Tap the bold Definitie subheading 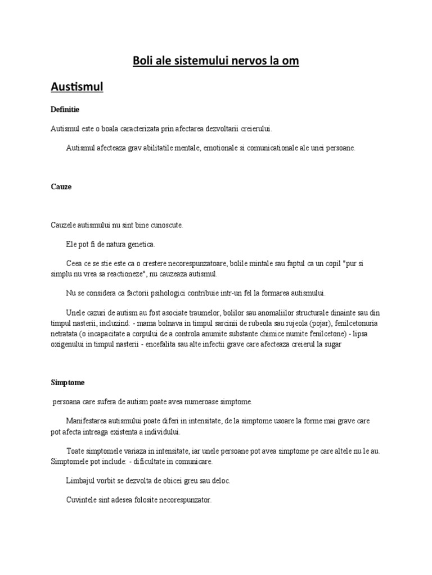(x=64, y=109)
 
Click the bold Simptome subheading (x=67, y=382)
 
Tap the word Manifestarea (x=88, y=421)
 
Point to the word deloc (x=220, y=481)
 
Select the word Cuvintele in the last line (x=83, y=501)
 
